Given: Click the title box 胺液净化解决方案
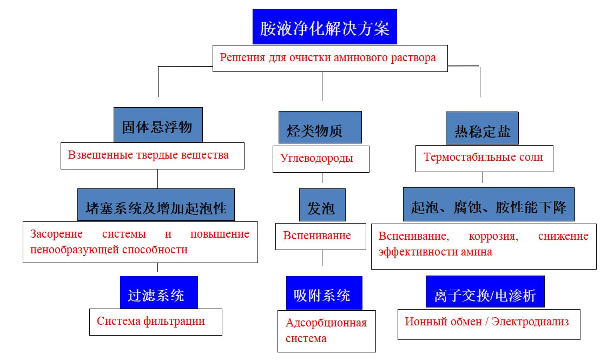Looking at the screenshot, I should click(325, 28).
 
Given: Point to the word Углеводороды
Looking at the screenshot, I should click(316, 158).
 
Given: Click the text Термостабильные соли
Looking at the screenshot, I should click(483, 158).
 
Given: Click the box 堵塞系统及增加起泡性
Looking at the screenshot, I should click(156, 205).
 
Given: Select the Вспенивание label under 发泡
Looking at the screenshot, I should click(317, 235).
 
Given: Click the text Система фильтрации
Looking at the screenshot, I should click(151, 321).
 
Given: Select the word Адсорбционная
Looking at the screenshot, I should click(326, 323).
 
